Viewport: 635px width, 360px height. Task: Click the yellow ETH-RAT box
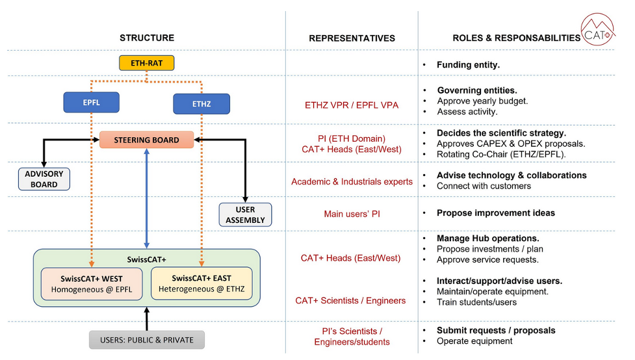[x=147, y=64]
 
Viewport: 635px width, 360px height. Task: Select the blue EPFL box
[x=91, y=103]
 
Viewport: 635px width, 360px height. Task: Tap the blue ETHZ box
[x=201, y=104]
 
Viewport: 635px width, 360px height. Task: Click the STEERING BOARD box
[x=147, y=140]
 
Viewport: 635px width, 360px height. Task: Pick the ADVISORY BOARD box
[x=44, y=179]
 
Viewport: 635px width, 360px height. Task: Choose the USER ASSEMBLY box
[x=245, y=214]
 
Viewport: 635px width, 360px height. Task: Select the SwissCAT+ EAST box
[x=201, y=283]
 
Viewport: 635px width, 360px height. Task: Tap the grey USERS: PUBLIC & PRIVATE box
[x=146, y=340]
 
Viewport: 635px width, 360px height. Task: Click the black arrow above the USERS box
[x=147, y=318]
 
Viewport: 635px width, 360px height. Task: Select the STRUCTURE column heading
[x=147, y=38]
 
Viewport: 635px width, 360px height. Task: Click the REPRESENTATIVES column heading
[x=352, y=38]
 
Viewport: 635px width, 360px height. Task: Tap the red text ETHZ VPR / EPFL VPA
[x=352, y=105]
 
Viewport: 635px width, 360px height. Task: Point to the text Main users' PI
[x=352, y=214]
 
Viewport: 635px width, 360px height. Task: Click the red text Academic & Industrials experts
[x=352, y=182]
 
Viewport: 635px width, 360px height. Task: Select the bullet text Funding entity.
[x=468, y=65]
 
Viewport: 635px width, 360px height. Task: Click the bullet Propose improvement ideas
[x=495, y=213]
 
